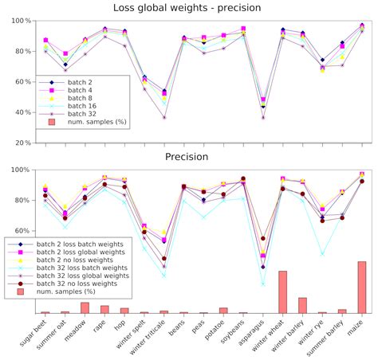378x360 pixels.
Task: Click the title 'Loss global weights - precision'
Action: [189, 8]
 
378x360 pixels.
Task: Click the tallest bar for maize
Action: [362, 287]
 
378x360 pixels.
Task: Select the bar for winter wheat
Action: [282, 292]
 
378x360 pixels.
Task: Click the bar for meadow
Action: [85, 307]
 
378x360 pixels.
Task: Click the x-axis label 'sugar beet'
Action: [35, 338]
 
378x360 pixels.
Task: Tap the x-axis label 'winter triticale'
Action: [152, 342]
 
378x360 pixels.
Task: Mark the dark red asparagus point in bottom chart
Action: [263, 238]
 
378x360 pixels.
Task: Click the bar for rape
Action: [104, 309]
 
